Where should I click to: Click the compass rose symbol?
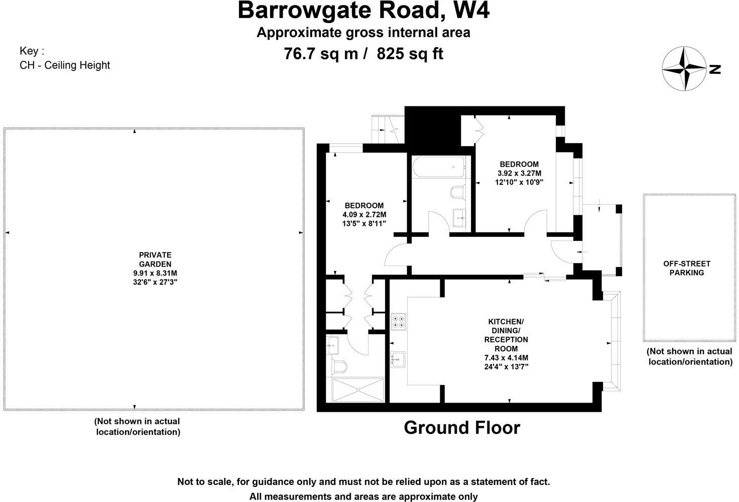pyautogui.click(x=684, y=68)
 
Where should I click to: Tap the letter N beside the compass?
pyautogui.click(x=715, y=69)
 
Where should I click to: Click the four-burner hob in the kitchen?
pyautogui.click(x=399, y=321)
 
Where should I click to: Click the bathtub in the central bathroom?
pyautogui.click(x=439, y=167)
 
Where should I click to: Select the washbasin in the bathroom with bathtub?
pyautogui.click(x=460, y=218)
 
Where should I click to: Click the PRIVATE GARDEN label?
pyautogui.click(x=155, y=260)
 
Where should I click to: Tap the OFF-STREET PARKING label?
pyautogui.click(x=686, y=268)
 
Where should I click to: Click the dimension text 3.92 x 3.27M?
pyautogui.click(x=519, y=173)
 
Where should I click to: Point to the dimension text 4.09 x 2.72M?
pyautogui.click(x=364, y=214)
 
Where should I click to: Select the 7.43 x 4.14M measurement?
pyautogui.click(x=506, y=357)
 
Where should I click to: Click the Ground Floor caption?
pyautogui.click(x=462, y=428)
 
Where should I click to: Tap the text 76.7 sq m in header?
pyautogui.click(x=321, y=53)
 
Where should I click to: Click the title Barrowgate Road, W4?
pyautogui.click(x=363, y=11)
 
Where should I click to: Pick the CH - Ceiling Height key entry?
pyautogui.click(x=65, y=65)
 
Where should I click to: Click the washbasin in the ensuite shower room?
pyautogui.click(x=332, y=344)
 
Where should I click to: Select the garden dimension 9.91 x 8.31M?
pyautogui.click(x=155, y=273)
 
